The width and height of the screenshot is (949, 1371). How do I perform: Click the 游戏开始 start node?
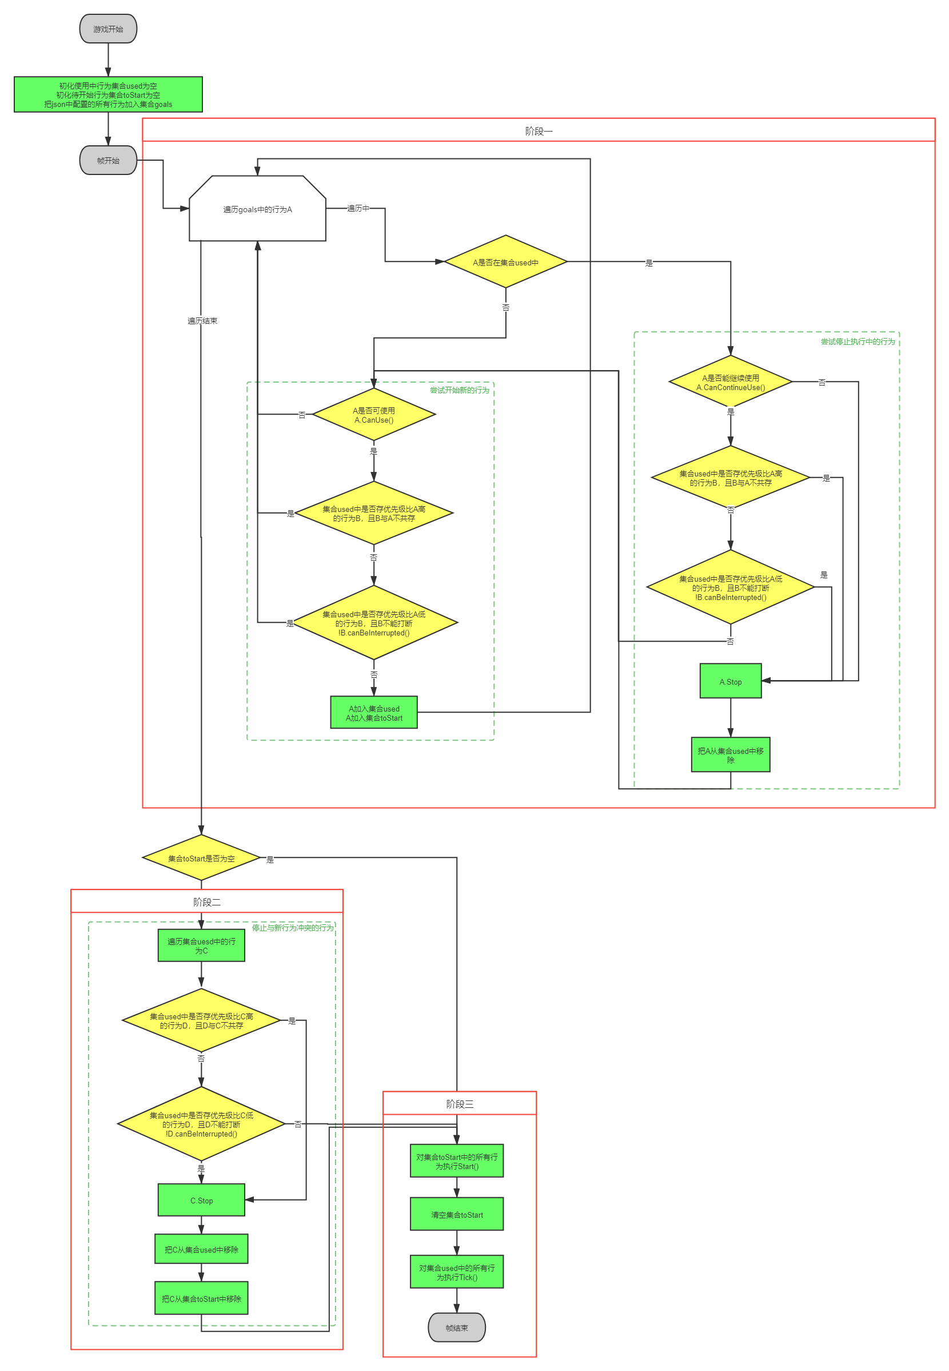pyautogui.click(x=108, y=29)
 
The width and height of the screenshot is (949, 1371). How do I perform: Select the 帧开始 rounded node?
pyautogui.click(x=108, y=161)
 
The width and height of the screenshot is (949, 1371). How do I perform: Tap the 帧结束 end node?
pyautogui.click(x=457, y=1328)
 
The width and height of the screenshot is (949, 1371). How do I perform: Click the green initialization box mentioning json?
pyautogui.click(x=108, y=95)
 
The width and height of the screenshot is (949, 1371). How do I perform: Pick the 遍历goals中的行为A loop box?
pyautogui.click(x=257, y=209)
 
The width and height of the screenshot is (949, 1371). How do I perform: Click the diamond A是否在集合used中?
pyautogui.click(x=505, y=263)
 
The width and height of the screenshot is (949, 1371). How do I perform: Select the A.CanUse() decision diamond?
pyautogui.click(x=374, y=415)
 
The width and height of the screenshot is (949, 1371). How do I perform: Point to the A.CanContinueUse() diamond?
pyautogui.click(x=731, y=383)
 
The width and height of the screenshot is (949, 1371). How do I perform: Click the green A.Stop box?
pyautogui.click(x=731, y=682)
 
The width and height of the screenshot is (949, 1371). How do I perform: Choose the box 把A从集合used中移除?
pyautogui.click(x=731, y=756)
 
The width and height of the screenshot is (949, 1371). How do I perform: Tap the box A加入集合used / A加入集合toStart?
pyautogui.click(x=374, y=713)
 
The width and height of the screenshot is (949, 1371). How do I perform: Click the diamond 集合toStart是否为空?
pyautogui.click(x=202, y=859)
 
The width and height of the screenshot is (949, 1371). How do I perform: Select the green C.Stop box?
pyautogui.click(x=202, y=1201)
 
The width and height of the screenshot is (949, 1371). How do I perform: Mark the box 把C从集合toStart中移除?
pyautogui.click(x=202, y=1298)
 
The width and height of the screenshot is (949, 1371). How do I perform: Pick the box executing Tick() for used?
pyautogui.click(x=457, y=1272)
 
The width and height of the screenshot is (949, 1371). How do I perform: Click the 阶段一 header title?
pyautogui.click(x=539, y=131)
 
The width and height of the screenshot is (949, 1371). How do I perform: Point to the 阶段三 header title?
pyautogui.click(x=460, y=1104)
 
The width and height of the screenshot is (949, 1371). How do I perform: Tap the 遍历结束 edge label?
pyautogui.click(x=202, y=321)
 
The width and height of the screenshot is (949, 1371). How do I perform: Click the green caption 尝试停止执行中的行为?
pyautogui.click(x=858, y=341)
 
